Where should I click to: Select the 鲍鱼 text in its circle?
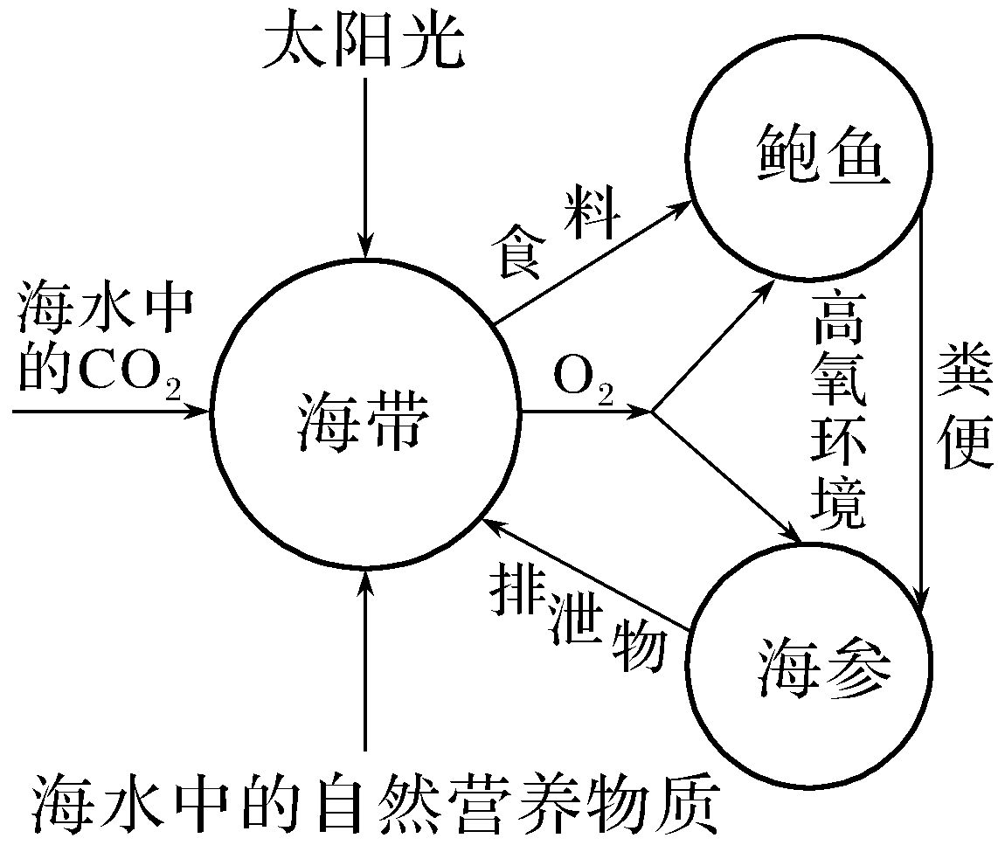pyautogui.click(x=809, y=157)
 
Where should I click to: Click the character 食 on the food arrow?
pyautogui.click(x=513, y=253)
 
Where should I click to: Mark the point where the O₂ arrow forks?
pyautogui.click(x=654, y=411)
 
